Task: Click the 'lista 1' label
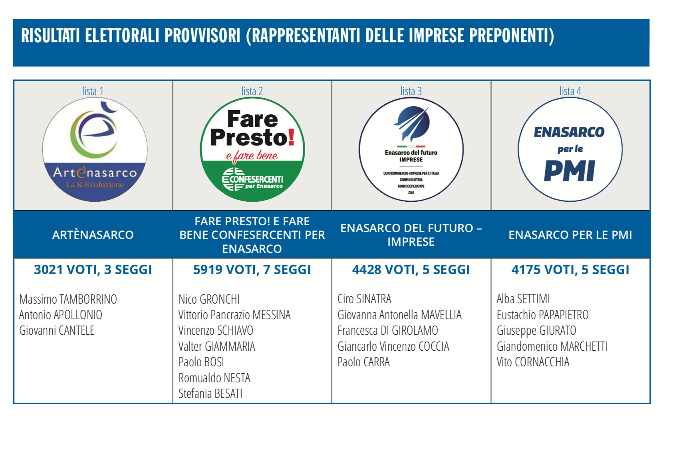(x=93, y=91)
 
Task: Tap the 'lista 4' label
(x=570, y=91)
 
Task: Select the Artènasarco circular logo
(x=95, y=149)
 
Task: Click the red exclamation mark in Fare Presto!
(x=291, y=137)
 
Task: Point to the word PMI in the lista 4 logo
(x=570, y=171)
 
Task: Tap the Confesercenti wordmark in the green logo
(x=253, y=179)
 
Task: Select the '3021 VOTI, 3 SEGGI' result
(x=93, y=270)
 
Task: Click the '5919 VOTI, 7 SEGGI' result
(x=252, y=270)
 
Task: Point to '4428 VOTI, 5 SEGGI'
(x=411, y=270)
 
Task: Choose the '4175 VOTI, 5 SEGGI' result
(x=570, y=270)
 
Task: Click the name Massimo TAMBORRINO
(x=68, y=299)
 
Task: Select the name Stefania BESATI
(x=210, y=393)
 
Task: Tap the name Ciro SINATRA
(x=364, y=299)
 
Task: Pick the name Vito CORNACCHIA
(x=533, y=362)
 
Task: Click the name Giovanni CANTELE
(x=57, y=330)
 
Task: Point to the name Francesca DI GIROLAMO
(x=388, y=330)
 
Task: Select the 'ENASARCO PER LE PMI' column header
(x=570, y=235)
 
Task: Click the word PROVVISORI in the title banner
(x=203, y=36)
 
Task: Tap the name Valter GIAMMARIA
(x=217, y=346)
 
